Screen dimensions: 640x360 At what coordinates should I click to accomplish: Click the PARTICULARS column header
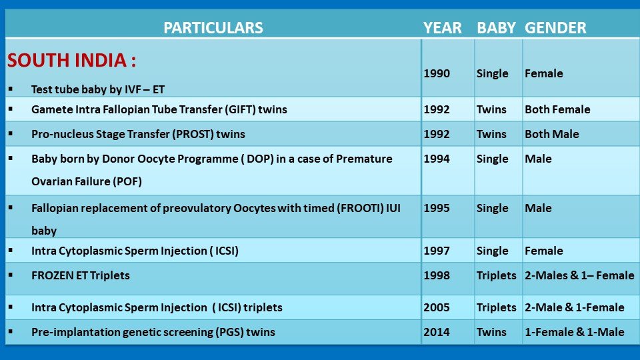(213, 28)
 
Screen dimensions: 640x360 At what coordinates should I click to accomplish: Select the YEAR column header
(443, 28)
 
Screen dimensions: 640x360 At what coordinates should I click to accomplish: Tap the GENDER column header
(555, 28)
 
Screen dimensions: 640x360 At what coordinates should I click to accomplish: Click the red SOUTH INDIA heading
(71, 60)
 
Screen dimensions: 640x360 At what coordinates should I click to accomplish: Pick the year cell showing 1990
(436, 73)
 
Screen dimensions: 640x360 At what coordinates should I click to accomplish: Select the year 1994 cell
(436, 159)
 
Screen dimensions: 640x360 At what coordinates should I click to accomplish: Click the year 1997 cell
(436, 251)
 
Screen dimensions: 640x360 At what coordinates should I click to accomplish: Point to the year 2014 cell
(436, 332)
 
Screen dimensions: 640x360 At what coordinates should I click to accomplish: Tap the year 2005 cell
(436, 307)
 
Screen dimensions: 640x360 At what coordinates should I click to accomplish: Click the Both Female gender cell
(557, 109)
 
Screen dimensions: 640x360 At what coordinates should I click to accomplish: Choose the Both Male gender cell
(551, 134)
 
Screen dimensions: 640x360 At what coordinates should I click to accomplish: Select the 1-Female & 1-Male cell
(574, 332)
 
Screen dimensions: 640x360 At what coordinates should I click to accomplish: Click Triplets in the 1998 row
(496, 275)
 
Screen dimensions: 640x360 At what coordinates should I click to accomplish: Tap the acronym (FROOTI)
(360, 208)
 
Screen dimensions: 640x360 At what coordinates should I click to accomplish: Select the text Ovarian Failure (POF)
(87, 181)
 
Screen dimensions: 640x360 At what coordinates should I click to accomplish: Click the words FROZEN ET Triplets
(81, 275)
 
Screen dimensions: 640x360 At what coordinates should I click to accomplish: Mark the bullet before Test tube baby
(10, 89)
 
